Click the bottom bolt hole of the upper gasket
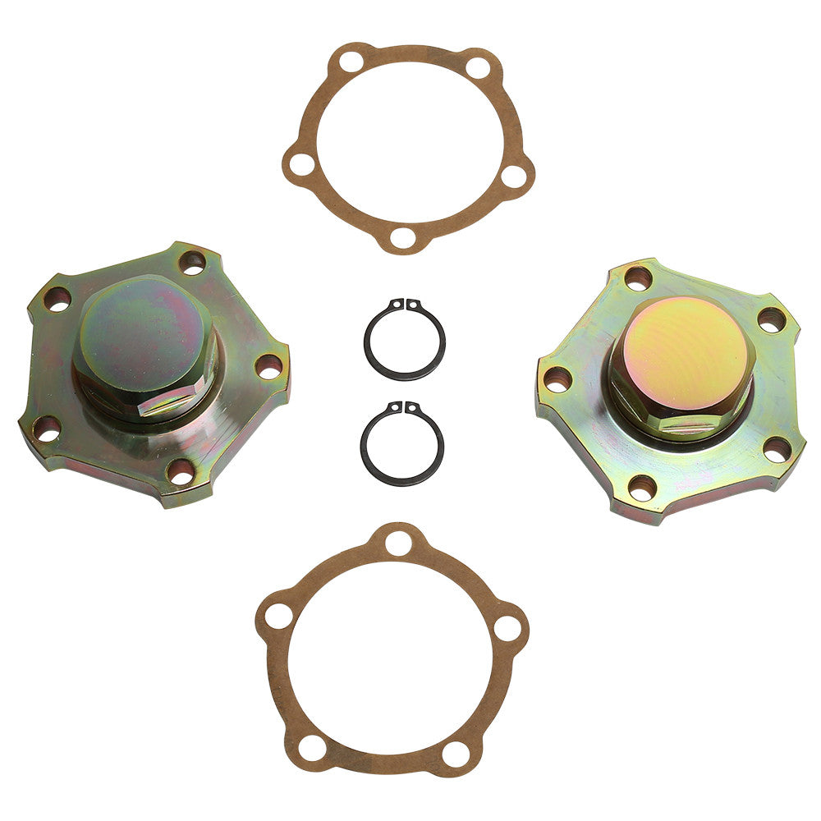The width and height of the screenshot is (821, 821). (x=402, y=238)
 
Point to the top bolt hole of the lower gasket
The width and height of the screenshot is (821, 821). (x=397, y=542)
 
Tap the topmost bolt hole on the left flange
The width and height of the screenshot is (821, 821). (x=192, y=263)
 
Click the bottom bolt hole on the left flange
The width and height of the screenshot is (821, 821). (x=179, y=470)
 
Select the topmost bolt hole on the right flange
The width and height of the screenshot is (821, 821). (x=638, y=277)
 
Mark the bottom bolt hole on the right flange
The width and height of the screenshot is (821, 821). (x=642, y=488)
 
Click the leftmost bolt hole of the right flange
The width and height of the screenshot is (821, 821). (x=557, y=378)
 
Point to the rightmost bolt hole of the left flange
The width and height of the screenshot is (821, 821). (x=268, y=367)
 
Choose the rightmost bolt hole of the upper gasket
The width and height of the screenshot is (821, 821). (x=514, y=175)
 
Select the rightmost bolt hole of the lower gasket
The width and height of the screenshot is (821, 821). (x=507, y=627)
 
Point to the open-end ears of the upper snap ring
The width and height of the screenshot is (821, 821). (x=405, y=305)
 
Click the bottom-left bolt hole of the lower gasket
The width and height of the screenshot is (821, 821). (x=312, y=746)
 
